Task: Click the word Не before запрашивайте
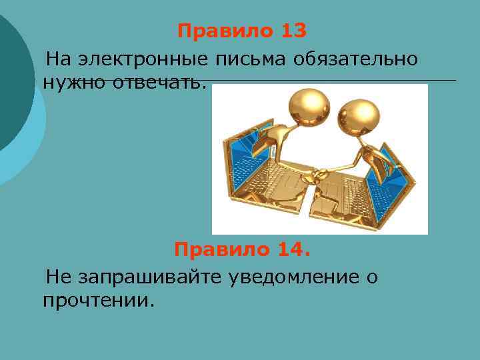[57, 276]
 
